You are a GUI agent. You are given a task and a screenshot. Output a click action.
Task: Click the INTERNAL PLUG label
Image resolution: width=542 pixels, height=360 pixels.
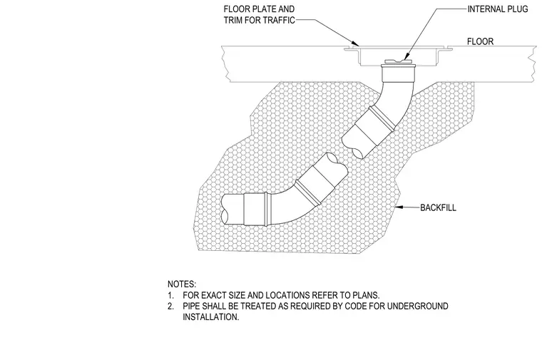(498, 9)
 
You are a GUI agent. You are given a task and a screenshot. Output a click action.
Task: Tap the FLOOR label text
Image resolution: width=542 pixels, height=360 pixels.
(480, 41)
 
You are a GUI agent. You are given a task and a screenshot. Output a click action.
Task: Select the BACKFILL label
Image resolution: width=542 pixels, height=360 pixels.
(438, 207)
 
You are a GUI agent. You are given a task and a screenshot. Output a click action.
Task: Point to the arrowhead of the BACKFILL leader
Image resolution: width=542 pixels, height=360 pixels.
(397, 207)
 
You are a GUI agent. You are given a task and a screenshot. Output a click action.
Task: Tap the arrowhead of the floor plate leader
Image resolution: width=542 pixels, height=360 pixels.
(357, 43)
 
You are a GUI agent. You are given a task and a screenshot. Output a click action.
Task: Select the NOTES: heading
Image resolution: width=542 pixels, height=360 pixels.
(182, 284)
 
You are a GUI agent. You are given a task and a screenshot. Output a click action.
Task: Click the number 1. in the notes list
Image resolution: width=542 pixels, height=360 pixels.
(170, 295)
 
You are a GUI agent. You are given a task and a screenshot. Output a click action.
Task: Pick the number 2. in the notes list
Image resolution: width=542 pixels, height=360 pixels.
(170, 307)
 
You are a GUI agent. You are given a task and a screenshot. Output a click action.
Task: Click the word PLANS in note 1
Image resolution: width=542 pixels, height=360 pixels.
(366, 295)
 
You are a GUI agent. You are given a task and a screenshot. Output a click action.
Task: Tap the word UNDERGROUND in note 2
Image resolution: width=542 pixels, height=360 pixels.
(418, 306)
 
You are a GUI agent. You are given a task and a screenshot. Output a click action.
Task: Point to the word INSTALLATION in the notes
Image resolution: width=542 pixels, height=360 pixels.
(211, 317)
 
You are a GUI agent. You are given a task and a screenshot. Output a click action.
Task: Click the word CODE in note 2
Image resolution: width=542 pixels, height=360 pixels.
(356, 306)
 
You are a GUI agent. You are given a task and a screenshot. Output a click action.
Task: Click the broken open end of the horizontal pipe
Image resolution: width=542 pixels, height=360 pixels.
(225, 209)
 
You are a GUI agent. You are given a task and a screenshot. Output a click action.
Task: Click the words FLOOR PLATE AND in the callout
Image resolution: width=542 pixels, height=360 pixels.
(259, 9)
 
